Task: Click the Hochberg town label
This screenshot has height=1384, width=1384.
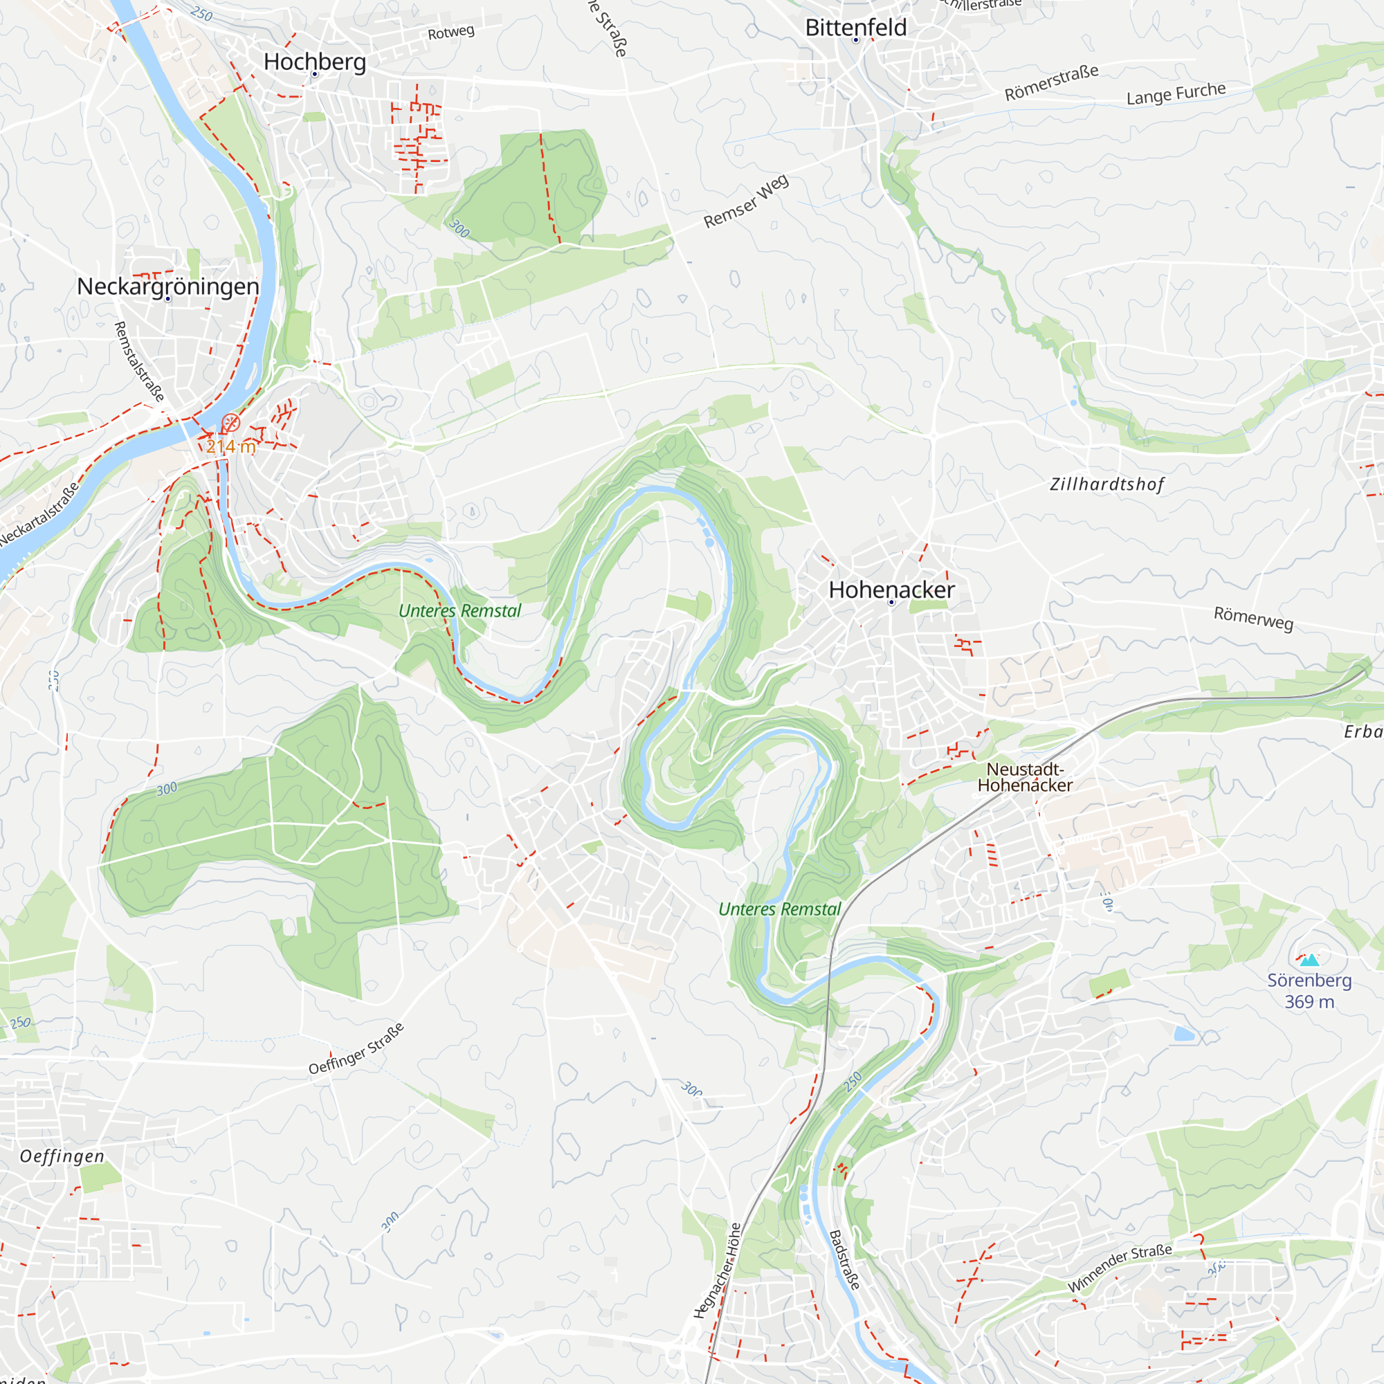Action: pos(314,62)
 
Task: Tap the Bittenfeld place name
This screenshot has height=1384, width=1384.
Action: pos(855,27)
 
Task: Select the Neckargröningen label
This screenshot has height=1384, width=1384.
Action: pos(167,286)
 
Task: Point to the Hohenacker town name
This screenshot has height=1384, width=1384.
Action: pos(891,590)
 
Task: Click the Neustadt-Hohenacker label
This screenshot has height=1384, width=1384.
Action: pos(1024,776)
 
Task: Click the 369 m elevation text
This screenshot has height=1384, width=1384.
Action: pos(1309,1001)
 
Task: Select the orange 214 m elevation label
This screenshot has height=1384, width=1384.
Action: pos(230,446)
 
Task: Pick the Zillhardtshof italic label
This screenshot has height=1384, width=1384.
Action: pos(1107,484)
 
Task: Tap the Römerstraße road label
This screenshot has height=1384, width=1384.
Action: pos(1051,83)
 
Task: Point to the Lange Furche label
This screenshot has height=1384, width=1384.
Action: pos(1176,94)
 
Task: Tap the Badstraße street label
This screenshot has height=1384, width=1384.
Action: pos(844,1260)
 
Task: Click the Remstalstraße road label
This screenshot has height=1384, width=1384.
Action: pos(139,361)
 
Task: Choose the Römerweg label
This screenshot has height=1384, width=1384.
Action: pos(1253,618)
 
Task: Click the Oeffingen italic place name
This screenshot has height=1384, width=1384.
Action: pos(62,1156)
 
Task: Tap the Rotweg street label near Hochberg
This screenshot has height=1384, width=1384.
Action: pos(450,33)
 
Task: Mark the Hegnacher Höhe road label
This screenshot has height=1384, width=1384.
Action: pos(716,1271)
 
